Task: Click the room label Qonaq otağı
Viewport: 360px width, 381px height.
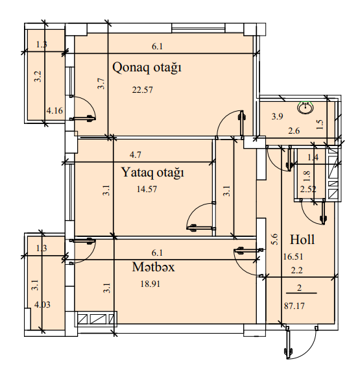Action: (147, 68)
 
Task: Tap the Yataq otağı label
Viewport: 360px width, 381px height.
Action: (152, 173)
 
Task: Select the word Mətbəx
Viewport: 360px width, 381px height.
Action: (154, 267)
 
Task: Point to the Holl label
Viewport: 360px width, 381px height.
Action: (302, 240)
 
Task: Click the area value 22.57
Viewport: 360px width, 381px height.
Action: (143, 90)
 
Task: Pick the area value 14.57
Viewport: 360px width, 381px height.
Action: (147, 189)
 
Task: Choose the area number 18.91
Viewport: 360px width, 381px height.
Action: (150, 284)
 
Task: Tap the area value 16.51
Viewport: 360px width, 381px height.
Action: (293, 257)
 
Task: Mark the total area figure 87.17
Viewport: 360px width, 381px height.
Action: (294, 306)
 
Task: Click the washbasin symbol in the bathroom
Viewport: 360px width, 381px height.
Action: (305, 108)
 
